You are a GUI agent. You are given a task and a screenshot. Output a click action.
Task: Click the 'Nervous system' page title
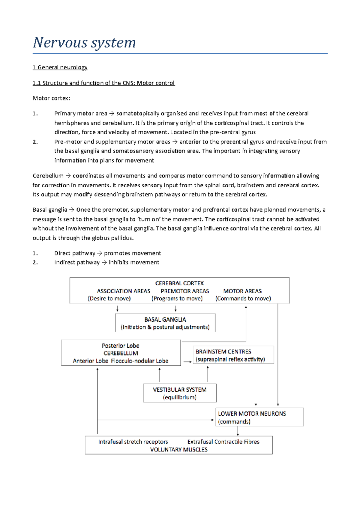coord(84,43)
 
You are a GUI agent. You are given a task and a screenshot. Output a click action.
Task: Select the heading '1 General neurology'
coord(60,67)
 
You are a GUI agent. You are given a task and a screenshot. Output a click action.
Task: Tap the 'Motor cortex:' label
coord(51,98)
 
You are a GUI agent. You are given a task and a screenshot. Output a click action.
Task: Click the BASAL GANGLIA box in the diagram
coord(165,323)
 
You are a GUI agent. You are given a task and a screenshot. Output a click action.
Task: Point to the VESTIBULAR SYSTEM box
coord(180,393)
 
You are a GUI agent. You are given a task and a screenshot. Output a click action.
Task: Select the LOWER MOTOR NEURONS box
coord(259,417)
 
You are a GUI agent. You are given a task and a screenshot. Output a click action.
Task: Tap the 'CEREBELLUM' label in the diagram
coord(121,353)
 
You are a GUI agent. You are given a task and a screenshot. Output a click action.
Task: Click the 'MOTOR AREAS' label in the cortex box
coord(242,291)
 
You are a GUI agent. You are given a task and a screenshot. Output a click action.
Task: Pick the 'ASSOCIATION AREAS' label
coord(123,291)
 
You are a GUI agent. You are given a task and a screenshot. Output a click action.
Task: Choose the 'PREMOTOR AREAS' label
coord(185,291)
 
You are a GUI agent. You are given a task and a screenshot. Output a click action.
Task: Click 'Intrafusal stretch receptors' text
coord(133,442)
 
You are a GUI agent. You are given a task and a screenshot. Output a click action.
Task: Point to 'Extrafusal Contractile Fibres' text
coord(223,442)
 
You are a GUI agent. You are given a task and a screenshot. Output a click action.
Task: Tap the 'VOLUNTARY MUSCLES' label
coord(179,449)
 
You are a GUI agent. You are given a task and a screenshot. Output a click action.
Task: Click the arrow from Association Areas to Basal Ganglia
coord(117,308)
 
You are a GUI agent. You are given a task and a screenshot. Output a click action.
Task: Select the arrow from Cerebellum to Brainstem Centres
coord(187,362)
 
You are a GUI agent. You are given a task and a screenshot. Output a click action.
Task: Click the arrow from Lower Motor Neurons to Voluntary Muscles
coord(238,431)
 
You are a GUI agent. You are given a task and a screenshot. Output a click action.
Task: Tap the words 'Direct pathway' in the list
coord(75,253)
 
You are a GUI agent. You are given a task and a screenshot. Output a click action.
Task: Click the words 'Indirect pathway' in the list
coord(77,262)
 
